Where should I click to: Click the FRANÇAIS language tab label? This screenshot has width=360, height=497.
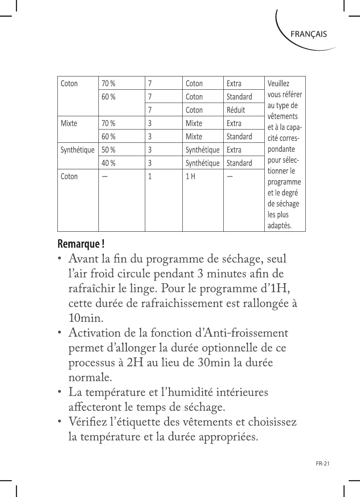click(x=308, y=34)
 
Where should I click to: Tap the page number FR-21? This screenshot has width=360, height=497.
click(x=323, y=464)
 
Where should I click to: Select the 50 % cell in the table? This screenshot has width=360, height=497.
click(x=108, y=150)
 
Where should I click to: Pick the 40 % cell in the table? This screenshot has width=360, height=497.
click(x=108, y=163)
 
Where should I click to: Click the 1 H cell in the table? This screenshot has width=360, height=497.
click(x=191, y=176)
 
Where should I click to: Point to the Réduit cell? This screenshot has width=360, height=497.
click(x=236, y=110)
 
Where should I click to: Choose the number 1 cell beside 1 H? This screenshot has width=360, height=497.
click(x=150, y=176)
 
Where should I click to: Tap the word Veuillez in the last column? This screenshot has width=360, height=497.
click(x=278, y=83)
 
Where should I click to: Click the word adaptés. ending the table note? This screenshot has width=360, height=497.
click(x=279, y=225)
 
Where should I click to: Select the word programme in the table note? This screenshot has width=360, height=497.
click(x=284, y=182)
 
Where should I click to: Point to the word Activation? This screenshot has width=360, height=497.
click(x=97, y=334)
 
